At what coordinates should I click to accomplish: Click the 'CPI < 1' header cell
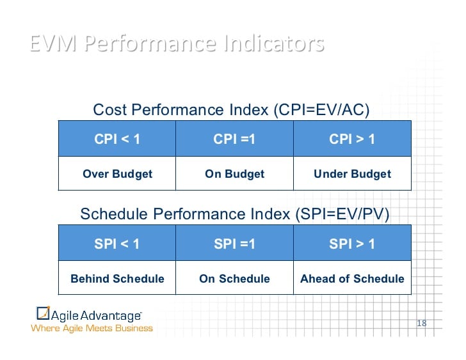pyautogui.click(x=117, y=138)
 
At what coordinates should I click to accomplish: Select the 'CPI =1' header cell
pyautogui.click(x=234, y=138)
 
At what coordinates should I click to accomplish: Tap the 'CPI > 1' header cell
pyautogui.click(x=352, y=138)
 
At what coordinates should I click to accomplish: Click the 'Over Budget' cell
pyautogui.click(x=117, y=173)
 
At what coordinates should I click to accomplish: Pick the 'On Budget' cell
pyautogui.click(x=234, y=173)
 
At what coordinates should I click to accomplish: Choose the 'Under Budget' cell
pyautogui.click(x=352, y=173)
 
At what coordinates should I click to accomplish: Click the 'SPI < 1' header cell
pyautogui.click(x=117, y=244)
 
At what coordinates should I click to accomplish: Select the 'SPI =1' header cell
pyautogui.click(x=234, y=244)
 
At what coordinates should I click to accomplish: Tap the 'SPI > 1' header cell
pyautogui.click(x=352, y=244)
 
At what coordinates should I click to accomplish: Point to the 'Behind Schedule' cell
pyautogui.click(x=117, y=278)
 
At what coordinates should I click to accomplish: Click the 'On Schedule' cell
pyautogui.click(x=234, y=278)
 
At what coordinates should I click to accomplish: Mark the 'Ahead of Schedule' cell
pyautogui.click(x=352, y=278)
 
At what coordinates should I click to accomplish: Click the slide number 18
pyautogui.click(x=421, y=323)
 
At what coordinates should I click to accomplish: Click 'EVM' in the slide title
pyautogui.click(x=54, y=44)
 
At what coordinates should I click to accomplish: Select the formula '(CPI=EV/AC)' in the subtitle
pyautogui.click(x=321, y=110)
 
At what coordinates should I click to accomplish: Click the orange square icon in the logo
pyautogui.click(x=43, y=313)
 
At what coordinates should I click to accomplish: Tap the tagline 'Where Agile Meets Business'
pyautogui.click(x=92, y=328)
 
